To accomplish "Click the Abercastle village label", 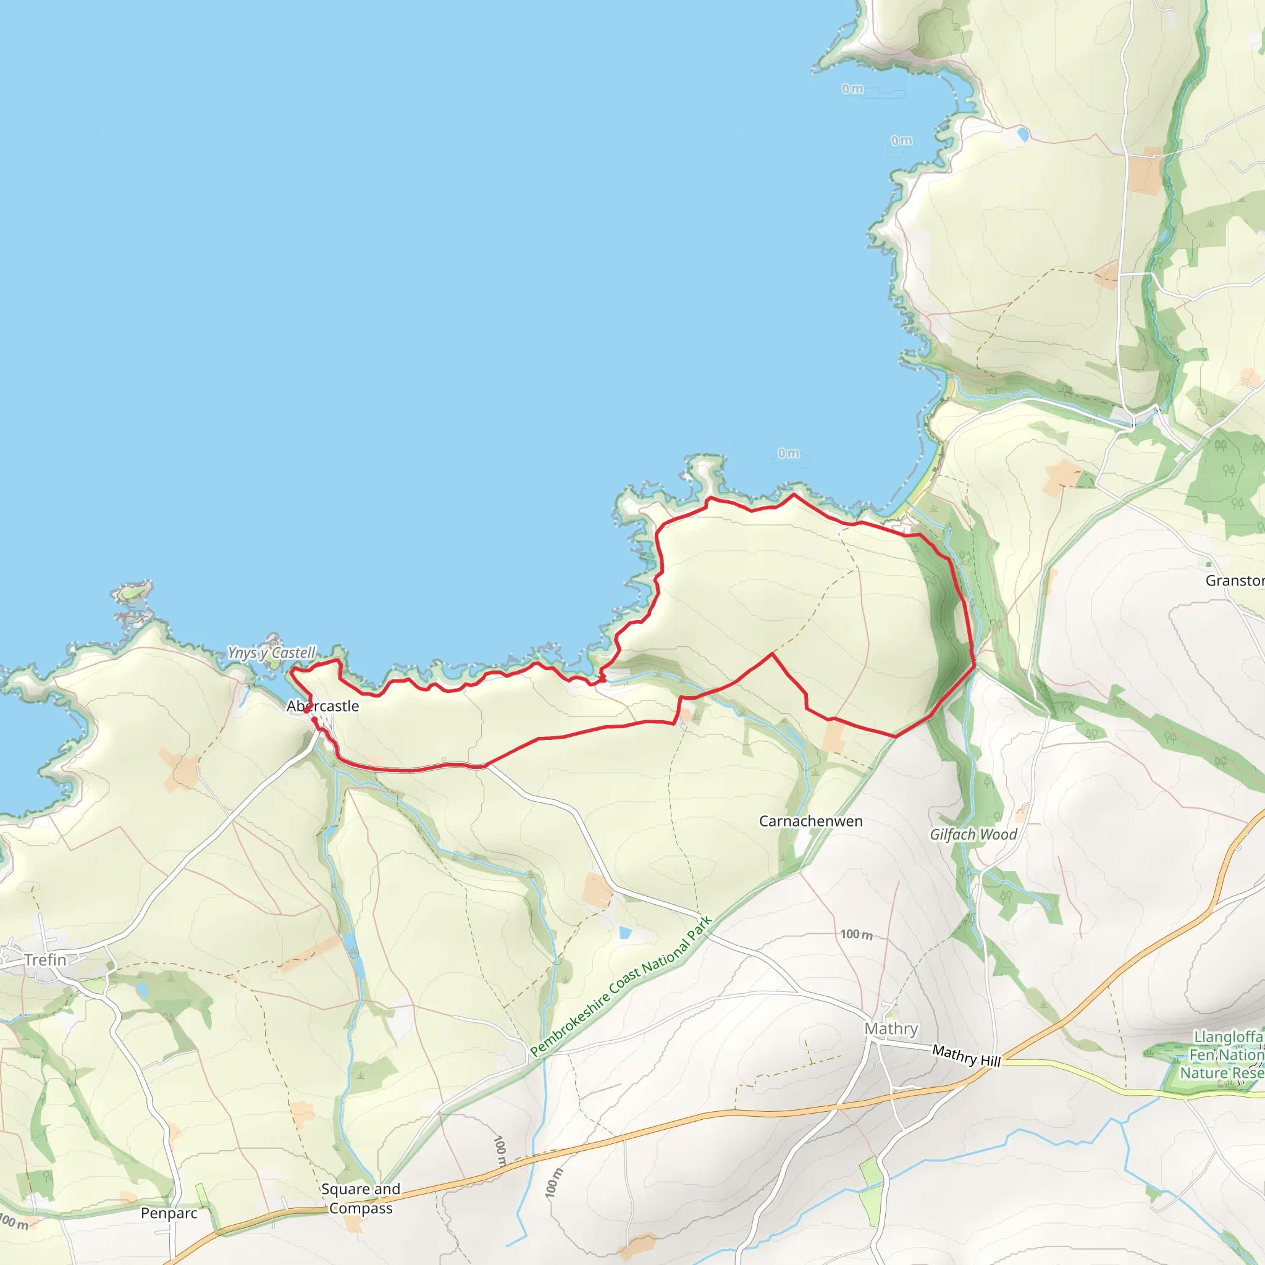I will point(323,707).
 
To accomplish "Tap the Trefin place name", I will point(45,960).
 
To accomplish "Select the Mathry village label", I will point(891,1028).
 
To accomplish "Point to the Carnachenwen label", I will point(810,821).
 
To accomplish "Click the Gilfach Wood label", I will point(973,834).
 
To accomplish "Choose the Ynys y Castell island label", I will point(272,653).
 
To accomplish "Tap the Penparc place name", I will point(169,1213).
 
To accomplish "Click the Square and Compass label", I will point(361,1198).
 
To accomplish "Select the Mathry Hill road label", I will point(967,1056).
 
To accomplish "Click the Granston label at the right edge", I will point(1234,581).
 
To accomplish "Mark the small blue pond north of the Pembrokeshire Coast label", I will point(625,932).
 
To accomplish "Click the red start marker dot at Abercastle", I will point(315,720).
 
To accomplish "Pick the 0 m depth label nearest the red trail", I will point(788,453).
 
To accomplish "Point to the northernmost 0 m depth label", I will point(852,89).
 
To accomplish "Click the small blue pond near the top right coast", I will point(1023,135).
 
